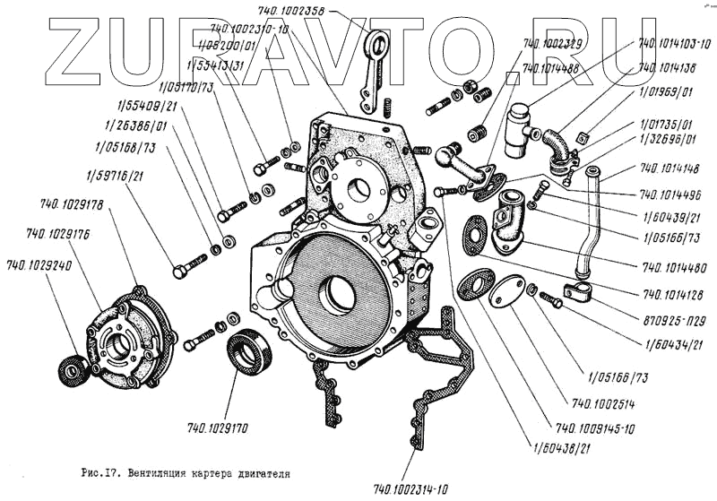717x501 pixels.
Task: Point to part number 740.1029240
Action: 38,265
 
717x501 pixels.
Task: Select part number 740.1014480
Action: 673,266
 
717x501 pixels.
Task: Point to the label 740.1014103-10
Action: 674,42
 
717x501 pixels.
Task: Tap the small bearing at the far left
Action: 71,369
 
